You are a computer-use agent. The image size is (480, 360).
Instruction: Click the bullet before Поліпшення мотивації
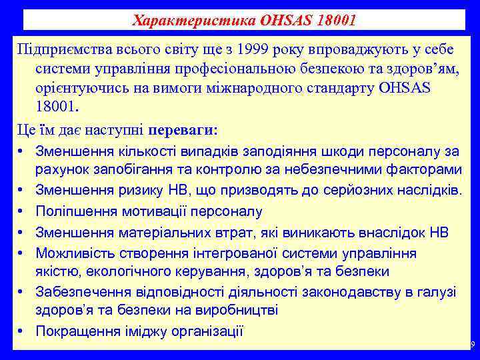click(x=22, y=212)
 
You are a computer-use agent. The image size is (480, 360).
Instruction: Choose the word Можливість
click(x=73, y=253)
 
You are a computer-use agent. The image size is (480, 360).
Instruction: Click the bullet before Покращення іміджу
click(x=22, y=331)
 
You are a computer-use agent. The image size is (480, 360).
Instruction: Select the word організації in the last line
click(x=204, y=331)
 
